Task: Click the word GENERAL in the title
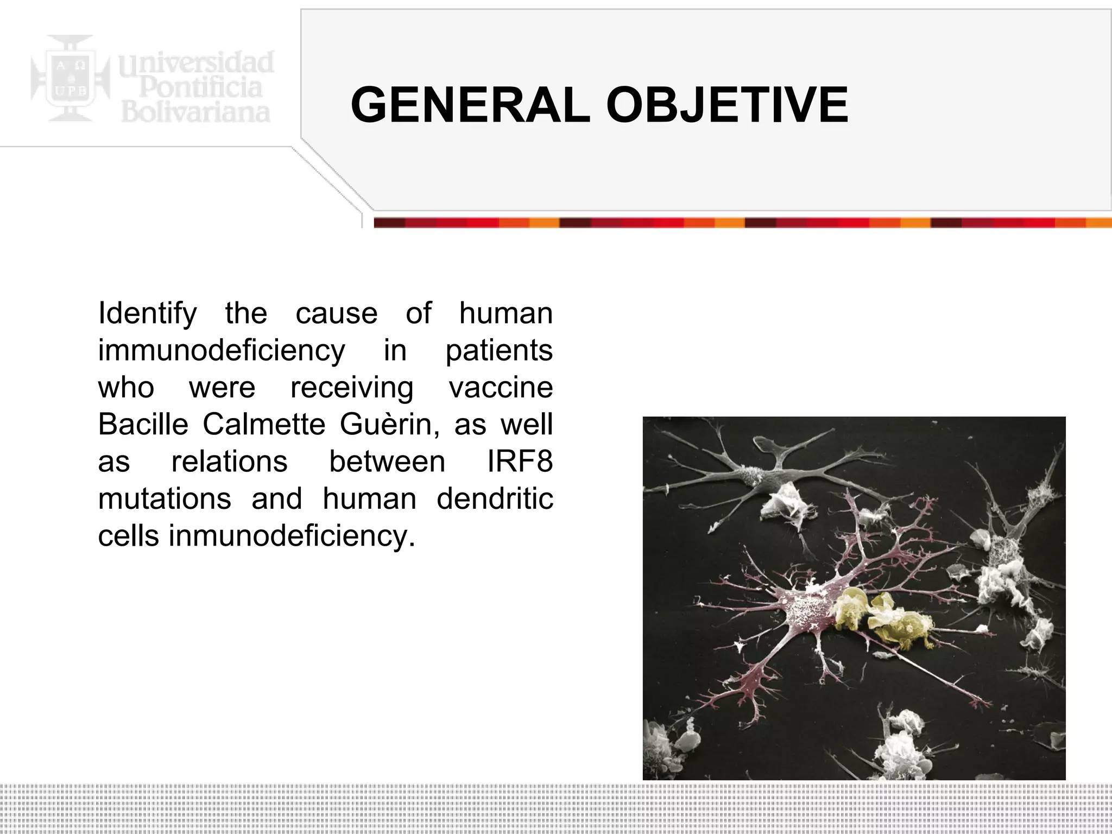(x=470, y=105)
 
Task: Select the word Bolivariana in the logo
(x=195, y=112)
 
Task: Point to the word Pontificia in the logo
(x=201, y=87)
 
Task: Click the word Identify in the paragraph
(x=147, y=313)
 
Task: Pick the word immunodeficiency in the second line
(x=221, y=350)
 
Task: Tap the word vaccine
(x=501, y=387)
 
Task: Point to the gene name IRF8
(x=520, y=462)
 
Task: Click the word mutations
(x=165, y=498)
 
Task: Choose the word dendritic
(x=495, y=498)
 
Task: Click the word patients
(x=498, y=350)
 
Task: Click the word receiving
(x=352, y=388)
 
